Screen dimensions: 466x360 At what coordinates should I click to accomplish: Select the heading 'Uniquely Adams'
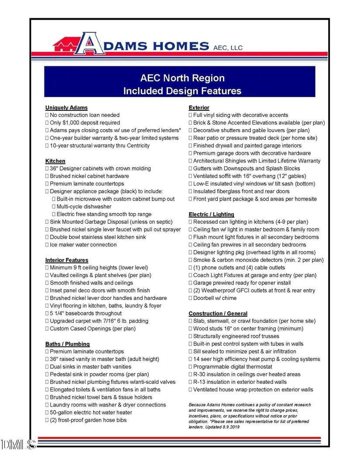point(66,107)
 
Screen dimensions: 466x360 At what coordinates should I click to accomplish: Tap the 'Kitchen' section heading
point(55,161)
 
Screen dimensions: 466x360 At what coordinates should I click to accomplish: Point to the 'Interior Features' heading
point(67,260)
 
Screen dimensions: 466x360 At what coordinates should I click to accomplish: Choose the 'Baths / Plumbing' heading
point(68,344)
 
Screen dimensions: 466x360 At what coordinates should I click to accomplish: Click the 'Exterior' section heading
point(199,107)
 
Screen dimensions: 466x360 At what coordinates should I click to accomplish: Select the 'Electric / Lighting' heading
point(211,214)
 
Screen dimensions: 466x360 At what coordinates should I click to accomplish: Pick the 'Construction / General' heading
point(218,313)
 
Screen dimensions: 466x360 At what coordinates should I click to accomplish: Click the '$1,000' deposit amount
point(72,123)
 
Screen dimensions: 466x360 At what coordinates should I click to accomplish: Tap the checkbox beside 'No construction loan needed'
point(47,115)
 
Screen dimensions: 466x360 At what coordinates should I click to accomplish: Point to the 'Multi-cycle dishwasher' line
point(84,206)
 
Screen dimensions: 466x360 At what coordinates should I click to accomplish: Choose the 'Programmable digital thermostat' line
point(233,367)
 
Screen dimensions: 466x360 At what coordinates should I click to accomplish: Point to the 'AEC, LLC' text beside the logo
point(228,48)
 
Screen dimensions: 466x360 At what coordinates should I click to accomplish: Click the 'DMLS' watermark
point(18,444)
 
